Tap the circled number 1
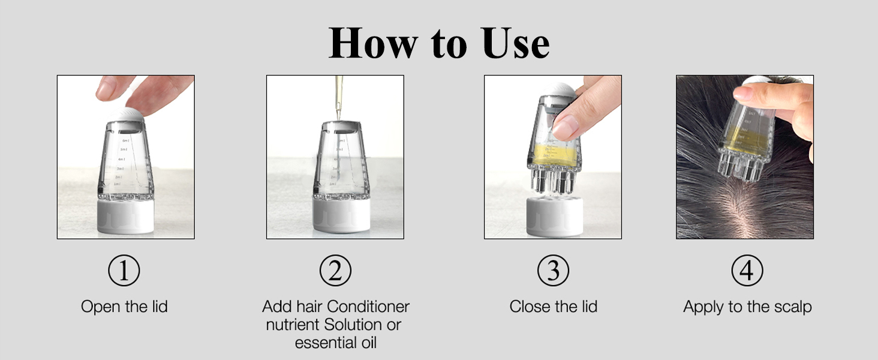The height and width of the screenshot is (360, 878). [124, 271]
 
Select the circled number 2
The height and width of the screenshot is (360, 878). [335, 271]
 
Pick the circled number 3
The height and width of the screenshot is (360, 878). [553, 271]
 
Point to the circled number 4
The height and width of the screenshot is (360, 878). [747, 271]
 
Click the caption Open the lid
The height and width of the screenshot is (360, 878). [124, 307]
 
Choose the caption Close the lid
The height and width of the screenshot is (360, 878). [553, 307]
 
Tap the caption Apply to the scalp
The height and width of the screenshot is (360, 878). [747, 307]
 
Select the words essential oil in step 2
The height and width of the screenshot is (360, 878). [335, 343]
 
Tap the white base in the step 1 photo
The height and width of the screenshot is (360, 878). [125, 217]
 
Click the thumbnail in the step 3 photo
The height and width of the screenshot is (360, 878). [564, 127]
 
